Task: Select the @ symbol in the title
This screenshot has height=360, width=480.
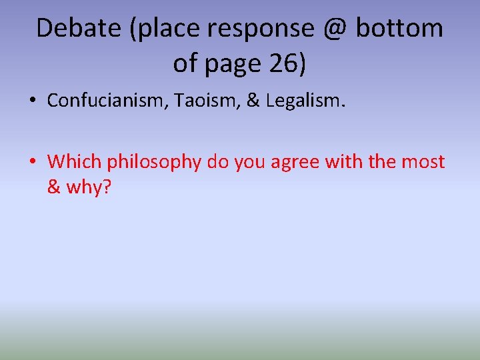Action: [x=333, y=28]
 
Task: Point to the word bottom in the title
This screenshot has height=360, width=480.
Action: [x=400, y=28]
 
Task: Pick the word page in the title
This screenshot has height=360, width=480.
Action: [x=233, y=65]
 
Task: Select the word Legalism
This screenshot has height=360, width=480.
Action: [x=303, y=101]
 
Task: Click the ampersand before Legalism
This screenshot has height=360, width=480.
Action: [x=254, y=101]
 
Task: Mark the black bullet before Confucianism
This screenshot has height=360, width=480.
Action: [x=33, y=101]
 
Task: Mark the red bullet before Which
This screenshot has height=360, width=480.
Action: [x=33, y=162]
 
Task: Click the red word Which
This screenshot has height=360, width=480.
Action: [x=75, y=162]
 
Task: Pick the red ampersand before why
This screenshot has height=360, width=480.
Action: [x=54, y=187]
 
